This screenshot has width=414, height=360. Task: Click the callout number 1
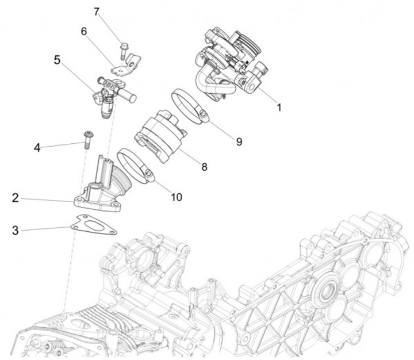pos(279,108)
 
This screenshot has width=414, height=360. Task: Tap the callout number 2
pos(17,199)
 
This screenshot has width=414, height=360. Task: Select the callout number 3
pos(17,231)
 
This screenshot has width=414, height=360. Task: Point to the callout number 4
pos(37,147)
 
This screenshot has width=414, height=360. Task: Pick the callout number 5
pos(57,59)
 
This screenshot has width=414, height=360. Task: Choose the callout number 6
pos(84,32)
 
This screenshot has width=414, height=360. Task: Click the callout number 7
pos(97,11)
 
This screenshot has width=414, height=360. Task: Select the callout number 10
pos(176,197)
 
